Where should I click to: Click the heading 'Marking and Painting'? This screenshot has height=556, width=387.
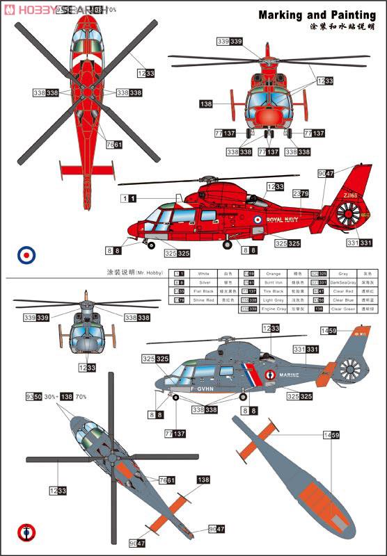317,15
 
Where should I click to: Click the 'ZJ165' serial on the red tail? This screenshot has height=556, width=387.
350,197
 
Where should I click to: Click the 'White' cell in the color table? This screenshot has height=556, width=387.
203,274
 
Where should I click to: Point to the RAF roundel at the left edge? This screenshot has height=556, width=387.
26,255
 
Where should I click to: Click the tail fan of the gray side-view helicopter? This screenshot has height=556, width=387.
352,368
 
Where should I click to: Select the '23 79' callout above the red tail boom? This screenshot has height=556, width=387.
301,193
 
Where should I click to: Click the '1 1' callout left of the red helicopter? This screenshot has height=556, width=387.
128,199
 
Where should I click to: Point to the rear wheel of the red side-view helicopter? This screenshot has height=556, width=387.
228,244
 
